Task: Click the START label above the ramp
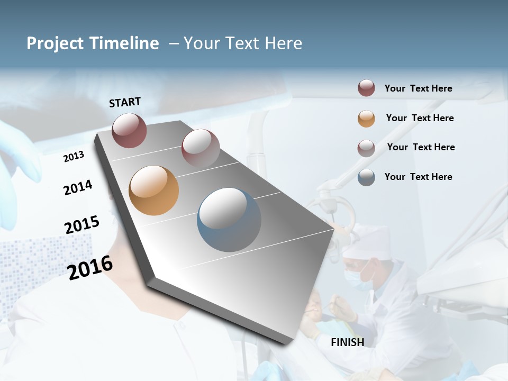point(125,102)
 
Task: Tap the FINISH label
point(348,342)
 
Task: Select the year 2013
point(74,156)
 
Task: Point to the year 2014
point(78,187)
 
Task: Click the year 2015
point(82,224)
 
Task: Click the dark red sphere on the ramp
point(129,130)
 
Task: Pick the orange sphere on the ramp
point(154,190)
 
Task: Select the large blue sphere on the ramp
point(229,220)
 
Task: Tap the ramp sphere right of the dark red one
point(201,148)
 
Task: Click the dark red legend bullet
point(366,88)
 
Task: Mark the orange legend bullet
point(366,119)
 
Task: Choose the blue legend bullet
point(366,177)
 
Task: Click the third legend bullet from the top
point(366,148)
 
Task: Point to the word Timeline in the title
point(124,43)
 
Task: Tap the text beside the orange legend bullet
point(420,118)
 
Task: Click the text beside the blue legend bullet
point(418,177)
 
